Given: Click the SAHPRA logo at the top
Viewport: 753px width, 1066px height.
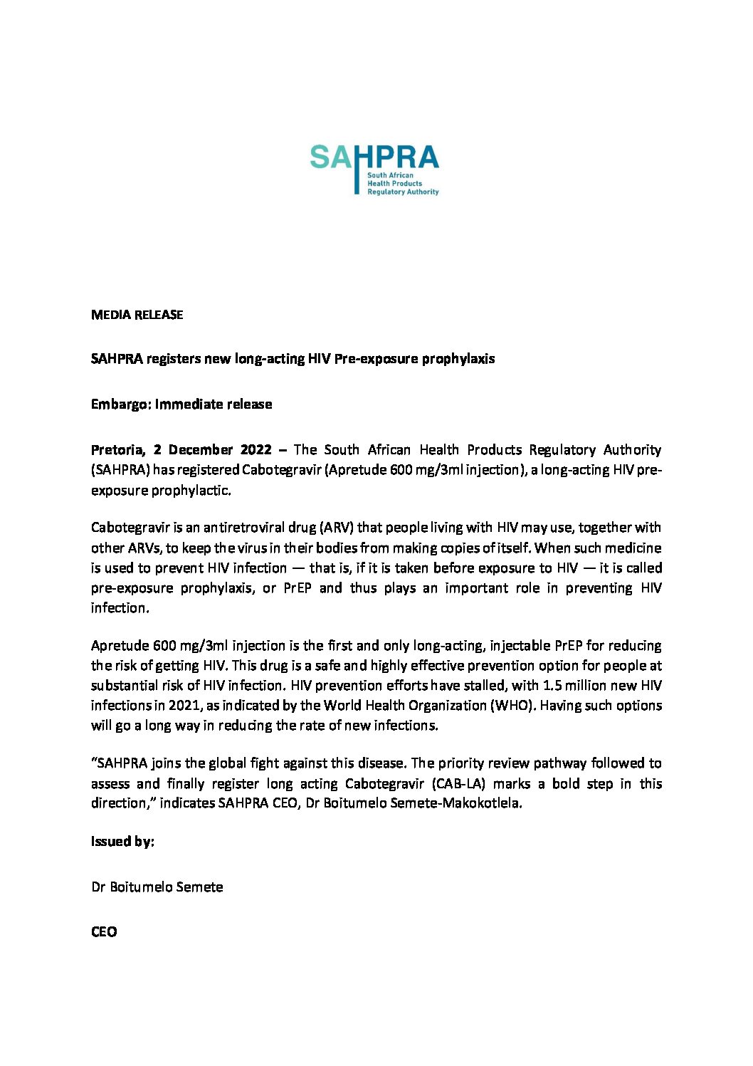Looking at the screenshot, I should point(374,169).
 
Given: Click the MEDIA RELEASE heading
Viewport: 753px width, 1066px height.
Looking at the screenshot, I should point(137,315).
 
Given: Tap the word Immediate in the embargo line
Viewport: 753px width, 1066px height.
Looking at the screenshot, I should point(188,404).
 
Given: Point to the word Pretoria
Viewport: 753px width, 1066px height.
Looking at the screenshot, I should point(117,450).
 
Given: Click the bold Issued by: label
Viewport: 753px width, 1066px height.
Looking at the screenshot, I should point(122,842).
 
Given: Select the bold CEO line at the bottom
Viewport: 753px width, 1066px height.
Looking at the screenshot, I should point(104,932).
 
